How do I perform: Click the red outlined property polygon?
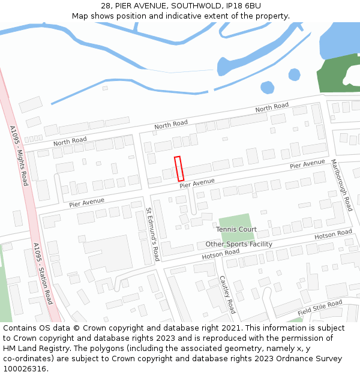coord(179,169)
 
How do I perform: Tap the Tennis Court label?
coord(236,229)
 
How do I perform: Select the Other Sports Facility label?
coord(239,244)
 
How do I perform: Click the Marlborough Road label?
coord(342,185)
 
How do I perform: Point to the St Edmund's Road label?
coord(152,235)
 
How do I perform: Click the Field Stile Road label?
coord(320,308)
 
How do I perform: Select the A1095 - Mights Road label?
coord(19,155)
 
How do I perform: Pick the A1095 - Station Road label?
coord(43,273)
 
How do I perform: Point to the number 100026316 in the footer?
coord(25,368)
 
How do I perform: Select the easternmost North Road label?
coord(272,109)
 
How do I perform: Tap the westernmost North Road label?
coord(70,142)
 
